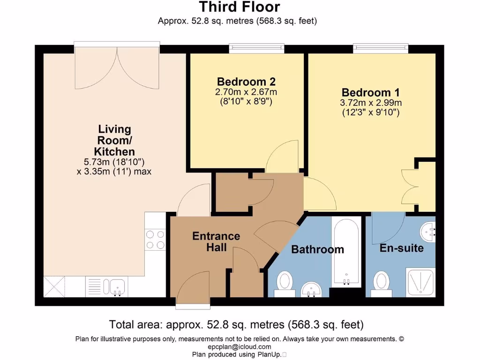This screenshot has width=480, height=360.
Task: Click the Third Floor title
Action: tap(240, 7)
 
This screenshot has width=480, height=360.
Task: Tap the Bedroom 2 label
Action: tap(246, 82)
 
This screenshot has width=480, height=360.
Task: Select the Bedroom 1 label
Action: tap(370, 92)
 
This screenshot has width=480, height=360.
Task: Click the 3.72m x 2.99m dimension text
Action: tap(371, 103)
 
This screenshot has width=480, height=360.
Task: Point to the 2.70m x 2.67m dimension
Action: tap(246, 92)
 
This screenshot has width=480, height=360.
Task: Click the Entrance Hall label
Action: tap(216, 241)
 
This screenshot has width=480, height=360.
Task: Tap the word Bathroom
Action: tap(317, 249)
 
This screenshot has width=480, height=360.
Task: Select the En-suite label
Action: tap(402, 248)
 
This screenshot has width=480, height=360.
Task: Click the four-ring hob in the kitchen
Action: tap(155, 240)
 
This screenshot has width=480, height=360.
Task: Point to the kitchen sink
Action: tap(114, 287)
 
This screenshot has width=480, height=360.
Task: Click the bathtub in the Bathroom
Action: tap(346, 251)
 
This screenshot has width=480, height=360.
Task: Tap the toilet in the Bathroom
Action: tap(285, 284)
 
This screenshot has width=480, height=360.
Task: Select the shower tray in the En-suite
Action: tap(420, 283)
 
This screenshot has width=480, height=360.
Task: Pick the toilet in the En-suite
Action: tap(382, 284)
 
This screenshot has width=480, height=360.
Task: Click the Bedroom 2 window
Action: tap(257, 48)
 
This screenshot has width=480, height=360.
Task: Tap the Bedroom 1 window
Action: tap(381, 48)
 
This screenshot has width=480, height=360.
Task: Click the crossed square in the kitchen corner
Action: tap(54, 286)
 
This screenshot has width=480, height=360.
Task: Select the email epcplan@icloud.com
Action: tap(240, 347)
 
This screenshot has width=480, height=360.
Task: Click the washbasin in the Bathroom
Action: tap(311, 289)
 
